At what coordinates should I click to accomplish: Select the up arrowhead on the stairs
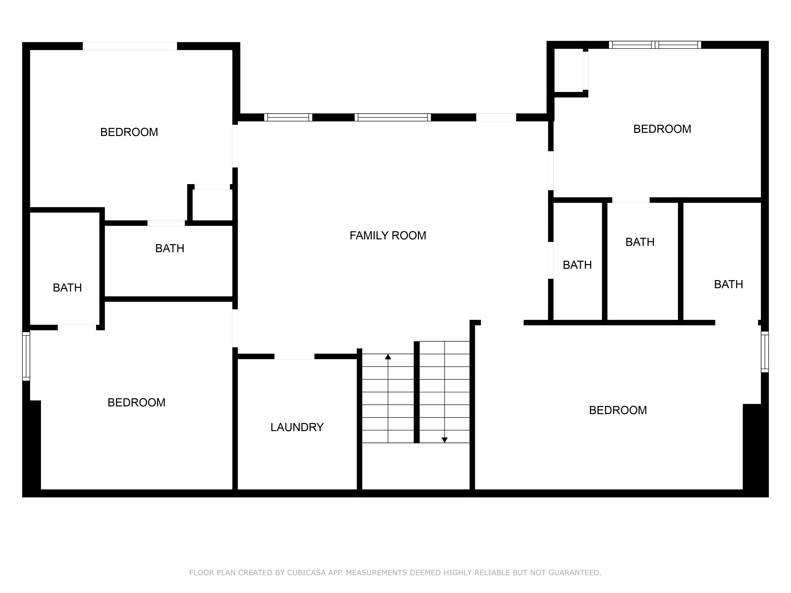point(388,357)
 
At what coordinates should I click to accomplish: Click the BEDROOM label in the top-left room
point(129,132)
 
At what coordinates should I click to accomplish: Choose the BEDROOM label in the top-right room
point(662,129)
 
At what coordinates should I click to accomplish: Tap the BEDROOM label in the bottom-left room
point(137,402)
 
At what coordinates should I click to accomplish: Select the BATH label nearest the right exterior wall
point(729,284)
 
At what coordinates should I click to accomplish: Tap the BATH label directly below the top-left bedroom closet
point(170,248)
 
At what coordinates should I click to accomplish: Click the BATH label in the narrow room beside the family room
point(577,265)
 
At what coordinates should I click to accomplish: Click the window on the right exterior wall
point(765,352)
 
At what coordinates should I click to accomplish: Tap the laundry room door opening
point(294,356)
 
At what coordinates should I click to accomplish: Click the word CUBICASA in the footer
point(307,573)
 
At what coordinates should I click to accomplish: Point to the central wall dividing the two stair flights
point(417,392)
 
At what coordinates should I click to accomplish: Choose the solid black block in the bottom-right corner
point(756,450)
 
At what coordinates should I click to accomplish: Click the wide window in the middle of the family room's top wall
point(393,117)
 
